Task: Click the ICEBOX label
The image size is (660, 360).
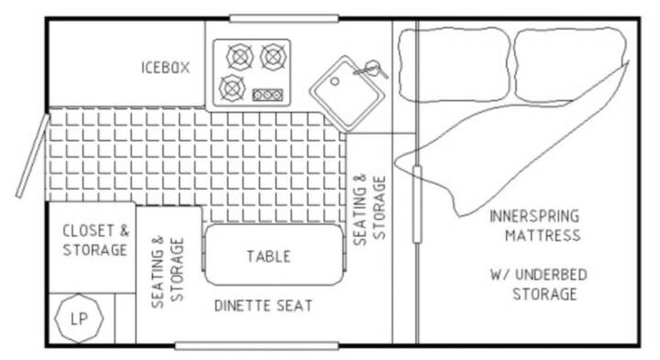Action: (165, 67)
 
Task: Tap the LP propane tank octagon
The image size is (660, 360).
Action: (79, 319)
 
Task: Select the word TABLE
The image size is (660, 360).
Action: (269, 256)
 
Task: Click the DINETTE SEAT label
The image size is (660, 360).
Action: (263, 306)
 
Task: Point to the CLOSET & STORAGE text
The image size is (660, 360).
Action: (95, 240)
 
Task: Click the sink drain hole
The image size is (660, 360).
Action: (335, 82)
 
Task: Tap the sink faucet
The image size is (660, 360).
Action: (370, 69)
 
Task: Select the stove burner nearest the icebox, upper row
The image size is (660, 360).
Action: (240, 57)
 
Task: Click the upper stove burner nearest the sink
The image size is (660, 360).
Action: (273, 57)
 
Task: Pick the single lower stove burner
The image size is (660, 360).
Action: (232, 88)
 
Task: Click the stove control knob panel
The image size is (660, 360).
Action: (268, 95)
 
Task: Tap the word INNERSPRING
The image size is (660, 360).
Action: (534, 216)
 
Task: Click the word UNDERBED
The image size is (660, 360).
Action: (551, 275)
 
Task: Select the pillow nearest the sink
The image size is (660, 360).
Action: (454, 65)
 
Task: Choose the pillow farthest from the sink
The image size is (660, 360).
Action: (570, 65)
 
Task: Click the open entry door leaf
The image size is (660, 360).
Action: (33, 156)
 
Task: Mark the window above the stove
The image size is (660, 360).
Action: (283, 18)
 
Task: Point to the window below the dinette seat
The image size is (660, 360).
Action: (257, 346)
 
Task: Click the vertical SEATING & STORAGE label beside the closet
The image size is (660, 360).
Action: (168, 272)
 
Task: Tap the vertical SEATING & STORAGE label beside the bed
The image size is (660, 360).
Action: (369, 209)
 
